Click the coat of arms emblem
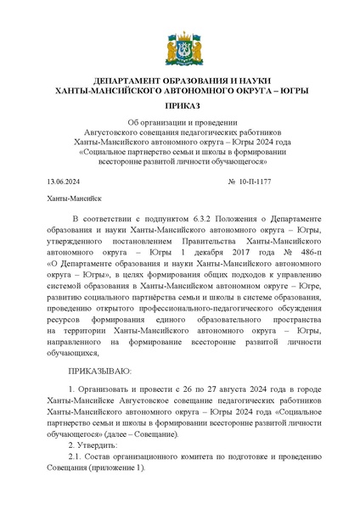(179, 42)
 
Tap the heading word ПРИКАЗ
(179, 108)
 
